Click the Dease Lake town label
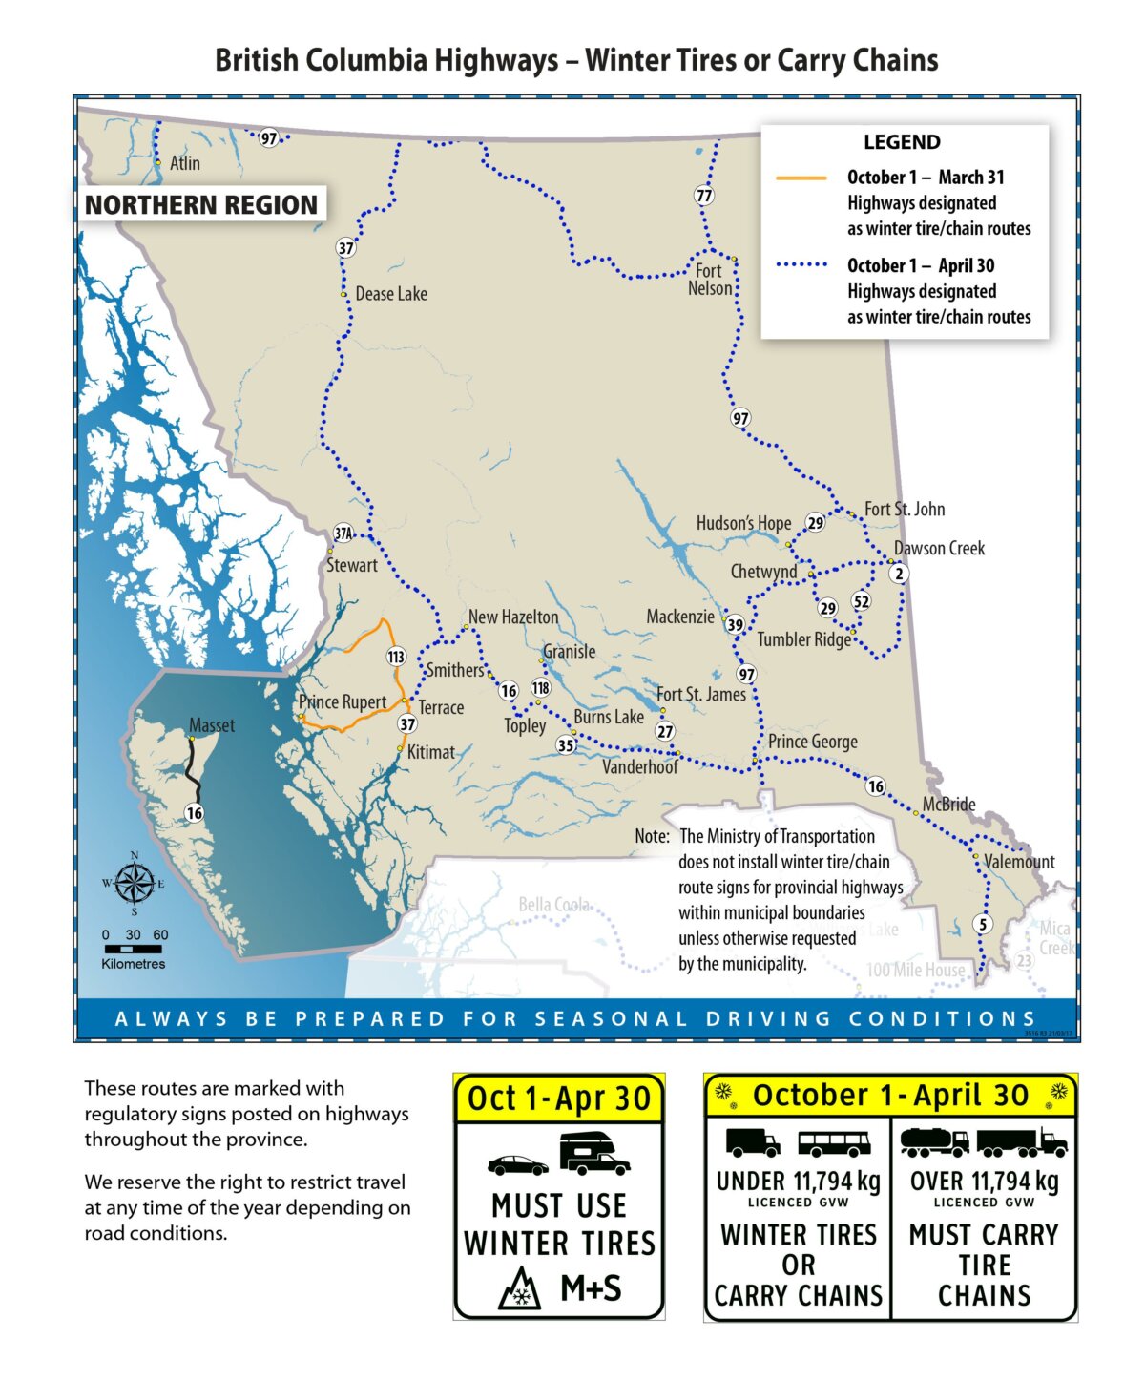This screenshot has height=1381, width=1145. point(391,294)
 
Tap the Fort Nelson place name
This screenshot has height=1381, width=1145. point(709,280)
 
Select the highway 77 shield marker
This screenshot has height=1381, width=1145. point(704,196)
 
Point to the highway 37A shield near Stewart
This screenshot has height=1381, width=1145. point(343,534)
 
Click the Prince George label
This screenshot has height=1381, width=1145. point(812,742)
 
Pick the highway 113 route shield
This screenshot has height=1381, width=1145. point(396,657)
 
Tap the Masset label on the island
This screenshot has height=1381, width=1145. point(212,725)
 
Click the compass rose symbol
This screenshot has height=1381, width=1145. point(135,883)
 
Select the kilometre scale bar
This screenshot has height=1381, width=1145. point(134,949)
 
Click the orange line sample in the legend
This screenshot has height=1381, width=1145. point(801,178)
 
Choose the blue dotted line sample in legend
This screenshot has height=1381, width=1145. point(801,265)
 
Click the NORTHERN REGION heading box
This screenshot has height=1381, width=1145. point(201,205)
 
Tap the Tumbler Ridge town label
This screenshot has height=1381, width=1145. point(803,639)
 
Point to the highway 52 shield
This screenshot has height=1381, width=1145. point(862,601)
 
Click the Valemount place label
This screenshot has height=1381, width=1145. point(1019,862)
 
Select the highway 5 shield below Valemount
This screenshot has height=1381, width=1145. point(983,924)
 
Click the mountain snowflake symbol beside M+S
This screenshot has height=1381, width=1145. point(520,1289)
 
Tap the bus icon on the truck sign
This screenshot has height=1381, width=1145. point(834,1143)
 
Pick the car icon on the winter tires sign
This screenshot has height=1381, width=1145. point(517,1165)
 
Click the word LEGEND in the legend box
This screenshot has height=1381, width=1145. point(902,142)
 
